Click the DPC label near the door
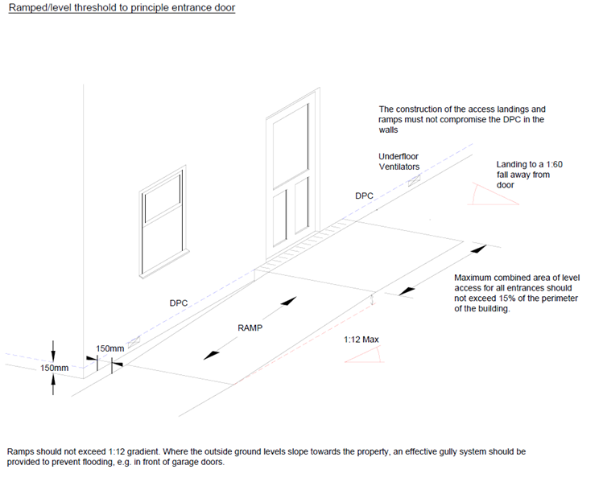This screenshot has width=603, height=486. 365,196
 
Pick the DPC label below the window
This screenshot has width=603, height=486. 178,303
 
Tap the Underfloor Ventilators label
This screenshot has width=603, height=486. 399,162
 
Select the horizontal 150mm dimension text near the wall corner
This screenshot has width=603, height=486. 109,348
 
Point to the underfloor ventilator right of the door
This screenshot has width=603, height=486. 415,183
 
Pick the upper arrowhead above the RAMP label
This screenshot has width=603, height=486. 287,303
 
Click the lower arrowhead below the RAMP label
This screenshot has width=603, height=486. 211,353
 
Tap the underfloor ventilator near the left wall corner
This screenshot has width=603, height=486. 133,341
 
